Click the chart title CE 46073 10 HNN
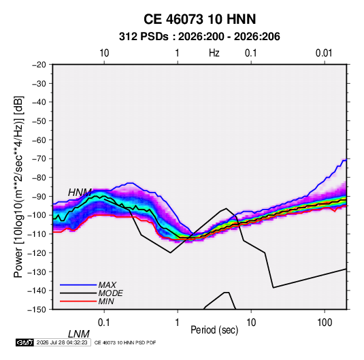(x=199, y=19)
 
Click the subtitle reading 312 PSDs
(x=144, y=37)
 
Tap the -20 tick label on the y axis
(x=39, y=65)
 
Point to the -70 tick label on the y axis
(x=39, y=159)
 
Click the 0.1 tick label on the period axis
(x=103, y=323)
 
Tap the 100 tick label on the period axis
(x=325, y=323)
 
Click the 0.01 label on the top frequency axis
(x=324, y=53)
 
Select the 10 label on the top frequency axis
(x=104, y=53)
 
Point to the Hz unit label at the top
(x=214, y=53)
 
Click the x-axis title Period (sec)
(x=214, y=330)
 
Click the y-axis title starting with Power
(x=18, y=187)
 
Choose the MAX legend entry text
(x=107, y=285)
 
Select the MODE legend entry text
(x=110, y=293)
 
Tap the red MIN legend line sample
(x=78, y=301)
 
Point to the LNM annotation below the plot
(x=79, y=334)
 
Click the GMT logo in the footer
(x=25, y=342)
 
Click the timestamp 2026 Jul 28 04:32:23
(x=62, y=342)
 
